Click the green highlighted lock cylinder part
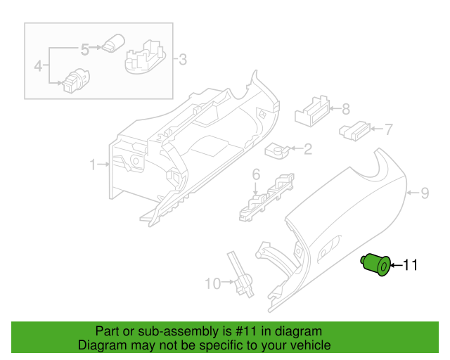[x=376, y=266]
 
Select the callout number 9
[x=424, y=192]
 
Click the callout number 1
[x=92, y=165]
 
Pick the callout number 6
[x=256, y=174]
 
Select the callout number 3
[x=182, y=60]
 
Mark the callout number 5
[x=84, y=49]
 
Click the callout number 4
[x=38, y=67]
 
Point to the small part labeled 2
[x=276, y=149]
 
